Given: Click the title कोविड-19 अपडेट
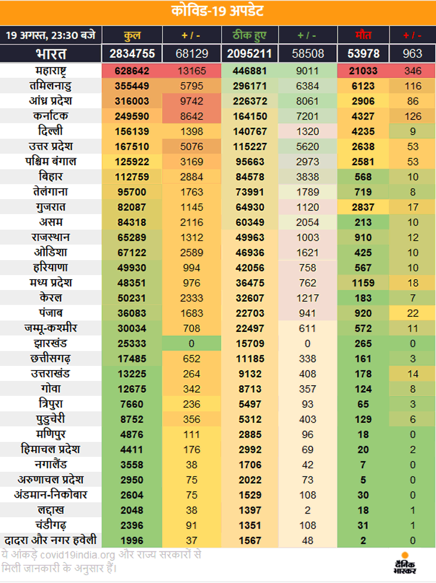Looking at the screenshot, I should (217, 12).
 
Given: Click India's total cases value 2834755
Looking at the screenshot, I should (132, 53).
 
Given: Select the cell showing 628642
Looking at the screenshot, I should (132, 71).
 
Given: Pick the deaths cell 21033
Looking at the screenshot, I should (363, 71).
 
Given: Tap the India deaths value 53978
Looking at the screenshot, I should (363, 53).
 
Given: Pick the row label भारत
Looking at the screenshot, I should (51, 53).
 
